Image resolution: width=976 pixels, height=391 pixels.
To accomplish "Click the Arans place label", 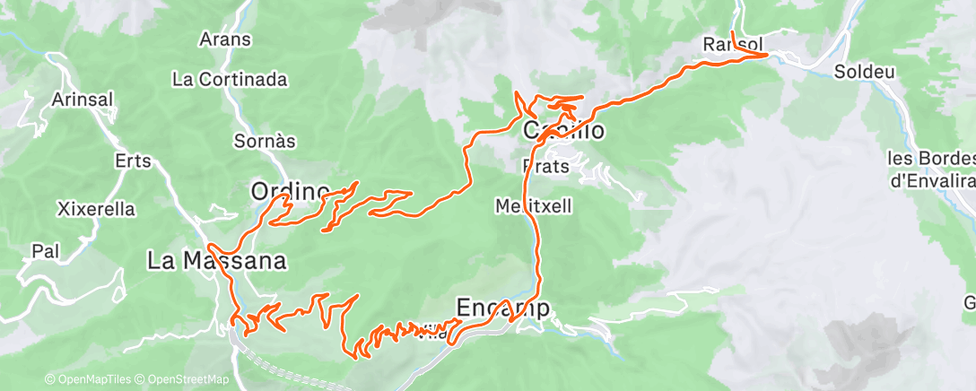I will pyautogui.click(x=225, y=39).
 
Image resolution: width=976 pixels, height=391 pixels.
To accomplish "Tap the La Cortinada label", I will pyautogui.click(x=230, y=79).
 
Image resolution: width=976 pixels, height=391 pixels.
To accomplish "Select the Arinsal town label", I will pyautogui.click(x=83, y=100).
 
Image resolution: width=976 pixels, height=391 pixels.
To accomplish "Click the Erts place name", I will pyautogui.click(x=133, y=161).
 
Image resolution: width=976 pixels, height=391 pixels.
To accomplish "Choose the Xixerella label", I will pyautogui.click(x=96, y=209).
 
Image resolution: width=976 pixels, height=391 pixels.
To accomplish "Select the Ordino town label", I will pyautogui.click(x=290, y=191).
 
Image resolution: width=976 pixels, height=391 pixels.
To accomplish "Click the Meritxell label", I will pyautogui.click(x=533, y=205).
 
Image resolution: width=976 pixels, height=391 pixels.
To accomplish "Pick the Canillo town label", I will pyautogui.click(x=563, y=131).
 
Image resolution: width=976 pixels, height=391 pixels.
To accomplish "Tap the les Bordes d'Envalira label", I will pyautogui.click(x=930, y=169).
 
